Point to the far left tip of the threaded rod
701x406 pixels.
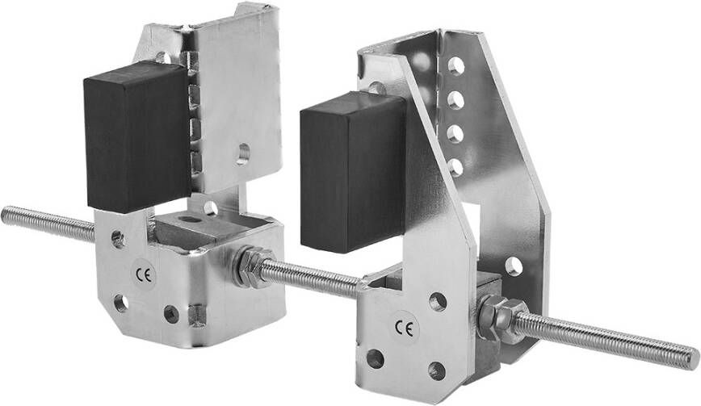point(2,216)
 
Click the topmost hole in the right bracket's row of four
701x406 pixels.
point(456,66)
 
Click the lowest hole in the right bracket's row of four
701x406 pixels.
point(456,166)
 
